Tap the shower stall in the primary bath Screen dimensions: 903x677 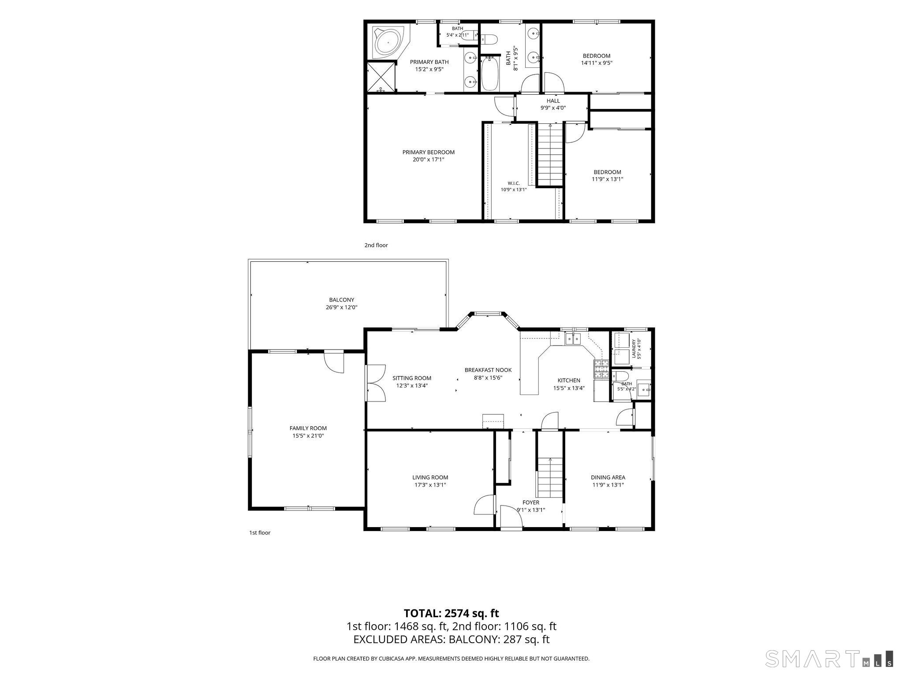pos(381,77)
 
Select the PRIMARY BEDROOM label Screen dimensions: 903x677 pos(428,153)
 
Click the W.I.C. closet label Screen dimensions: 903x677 pos(514,183)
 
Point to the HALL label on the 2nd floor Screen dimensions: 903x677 pos(553,101)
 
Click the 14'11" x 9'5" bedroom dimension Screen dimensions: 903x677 pos(597,63)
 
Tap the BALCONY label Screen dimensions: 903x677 pos(342,300)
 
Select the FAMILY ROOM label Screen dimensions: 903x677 pos(308,428)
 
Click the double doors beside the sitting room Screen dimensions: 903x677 pos(376,383)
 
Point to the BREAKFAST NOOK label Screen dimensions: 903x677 pos(488,370)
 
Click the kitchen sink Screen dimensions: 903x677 pos(573,339)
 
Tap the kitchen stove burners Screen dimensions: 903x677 pos(601,370)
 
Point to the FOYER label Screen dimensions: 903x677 pos(531,502)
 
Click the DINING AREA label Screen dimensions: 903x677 pos(608,477)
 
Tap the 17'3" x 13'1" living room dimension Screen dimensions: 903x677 pos(430,485)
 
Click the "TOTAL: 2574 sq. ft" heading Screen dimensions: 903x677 pos(451,613)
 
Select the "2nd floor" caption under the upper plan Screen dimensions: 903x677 pos(376,245)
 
